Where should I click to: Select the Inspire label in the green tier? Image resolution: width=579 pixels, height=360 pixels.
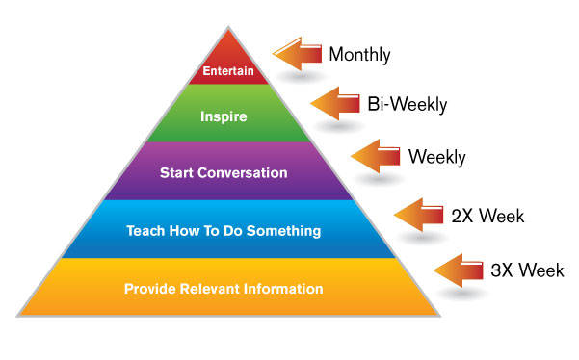224,117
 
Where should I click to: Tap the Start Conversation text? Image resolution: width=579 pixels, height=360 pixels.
224,173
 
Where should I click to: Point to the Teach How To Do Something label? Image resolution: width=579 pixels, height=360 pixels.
224,230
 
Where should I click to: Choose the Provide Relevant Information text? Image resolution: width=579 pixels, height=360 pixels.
224,288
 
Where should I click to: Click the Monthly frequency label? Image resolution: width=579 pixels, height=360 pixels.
359,54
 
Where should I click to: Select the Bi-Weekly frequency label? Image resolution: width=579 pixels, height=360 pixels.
407,101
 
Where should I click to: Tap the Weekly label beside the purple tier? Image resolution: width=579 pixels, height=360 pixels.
436,156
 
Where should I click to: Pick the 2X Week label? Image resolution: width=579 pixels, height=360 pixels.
487,215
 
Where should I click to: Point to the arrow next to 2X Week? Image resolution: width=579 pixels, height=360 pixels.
422,213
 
